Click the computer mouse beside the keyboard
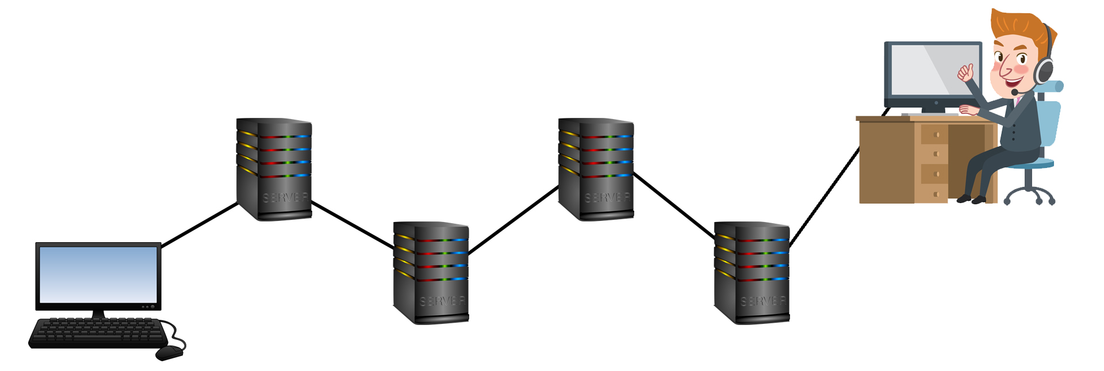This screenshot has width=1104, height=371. pos(169,352)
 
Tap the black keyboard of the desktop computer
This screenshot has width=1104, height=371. pos(98,332)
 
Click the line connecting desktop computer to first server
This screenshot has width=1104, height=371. pos(200,225)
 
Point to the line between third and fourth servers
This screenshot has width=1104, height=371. pos(673,205)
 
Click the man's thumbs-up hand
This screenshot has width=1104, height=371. pos(965,72)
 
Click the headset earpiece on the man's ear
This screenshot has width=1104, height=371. pos(1044,71)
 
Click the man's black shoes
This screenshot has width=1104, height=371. pos(972,200)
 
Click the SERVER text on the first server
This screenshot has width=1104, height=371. pos(285,198)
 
